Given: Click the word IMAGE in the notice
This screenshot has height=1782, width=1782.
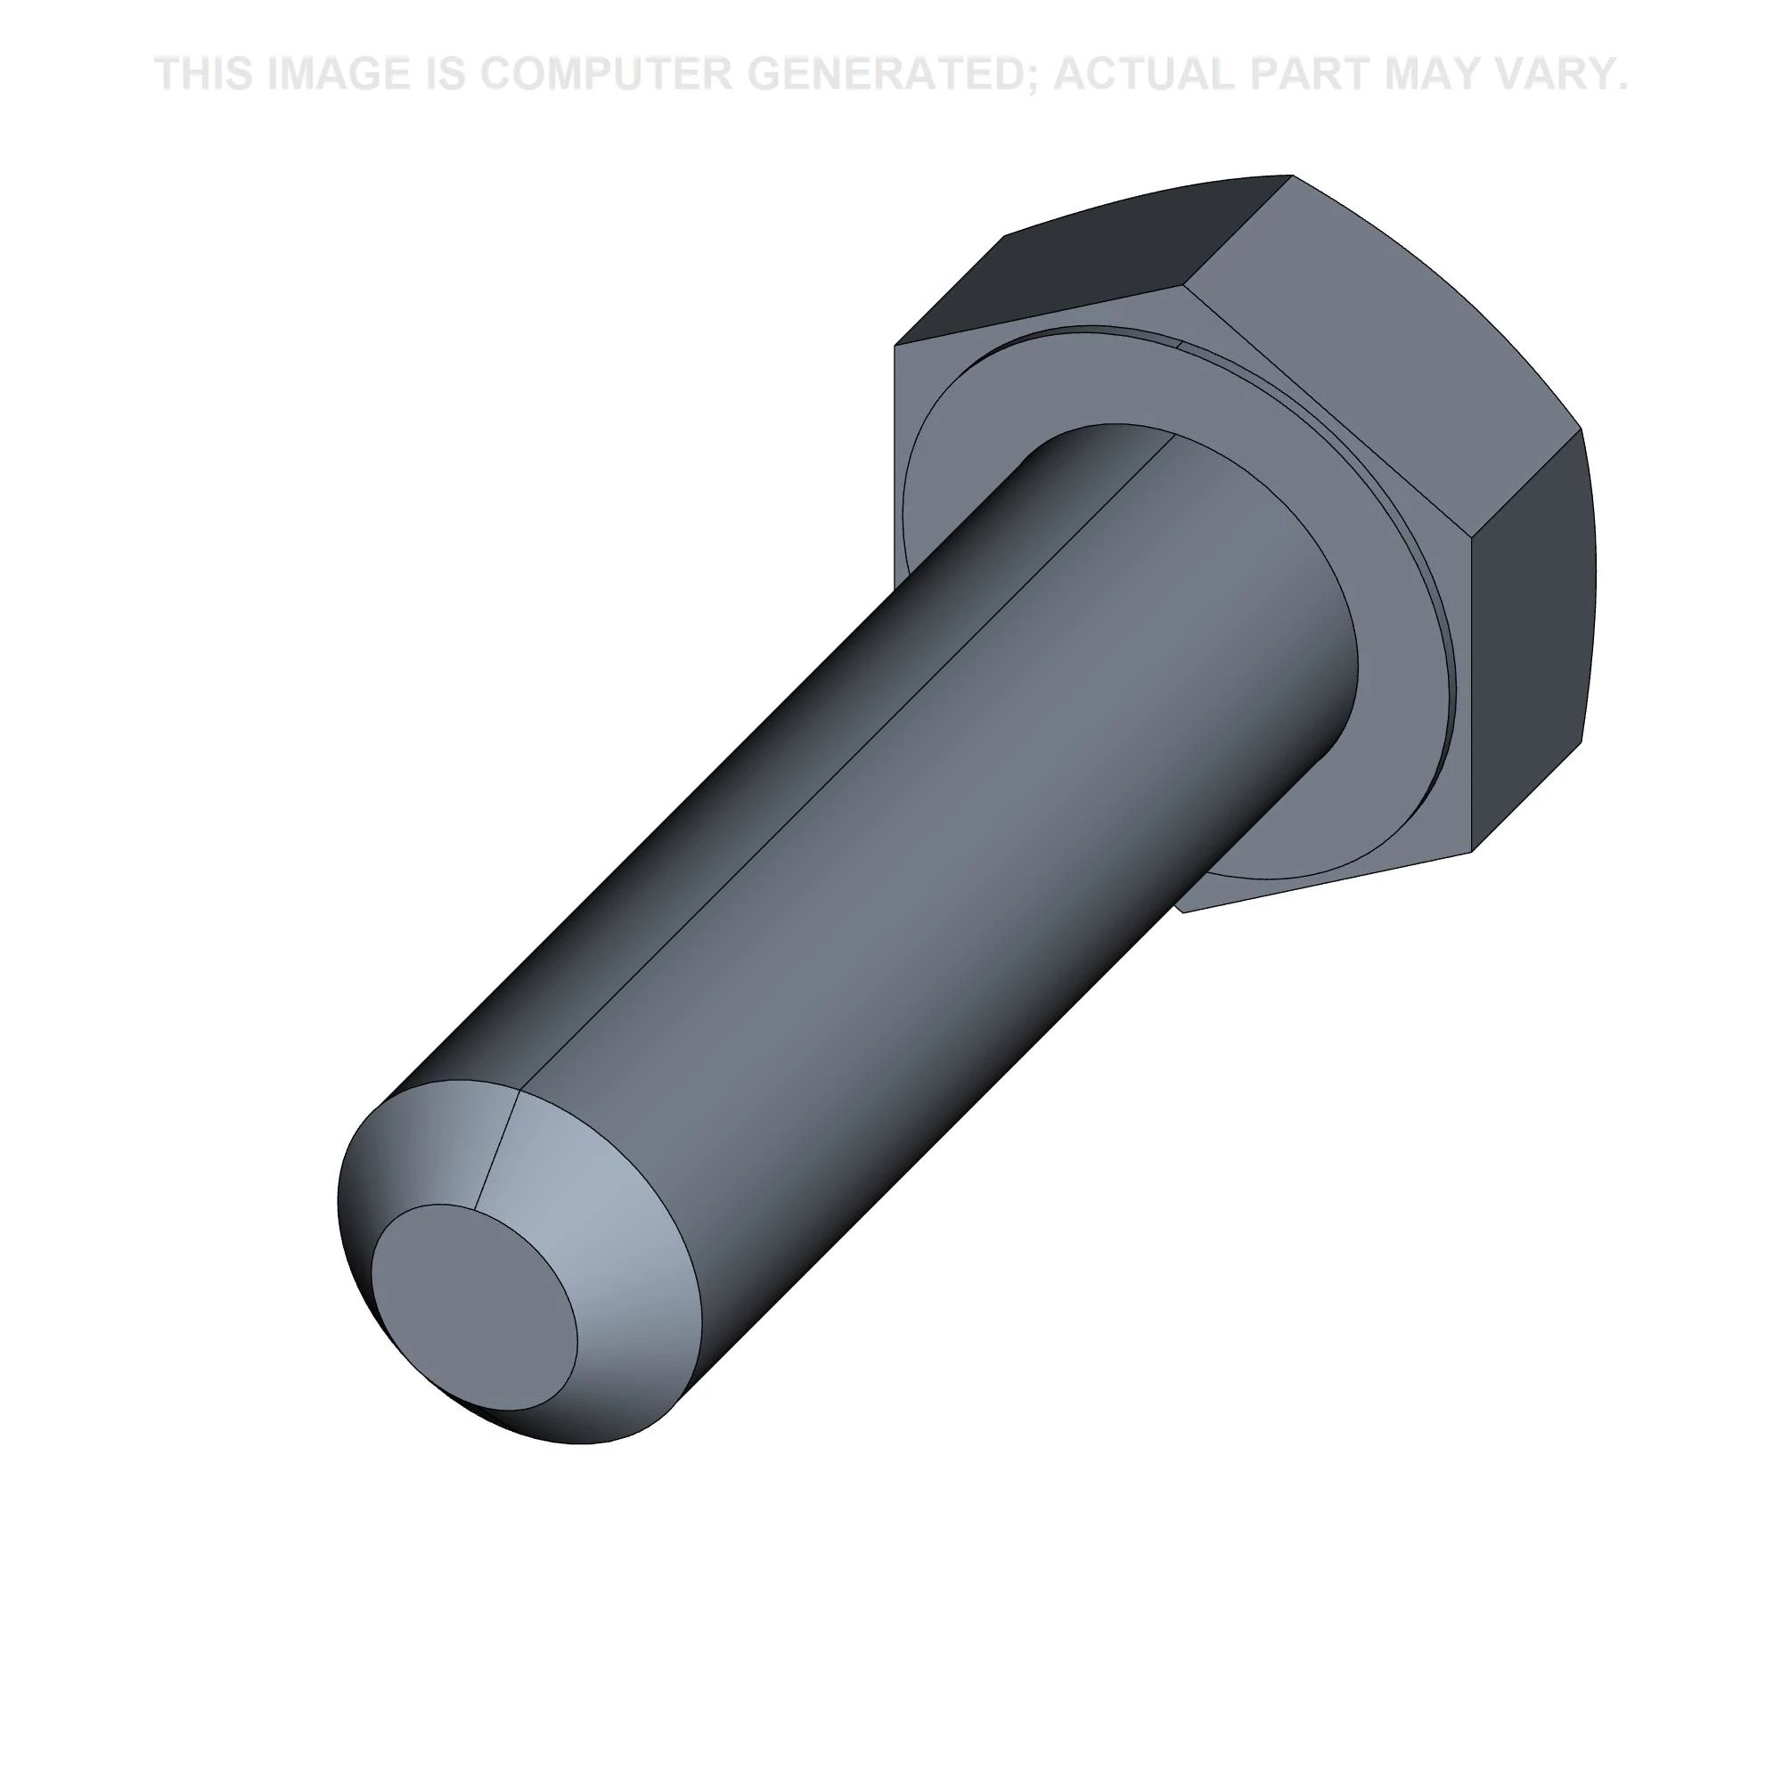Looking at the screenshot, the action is (x=338, y=74).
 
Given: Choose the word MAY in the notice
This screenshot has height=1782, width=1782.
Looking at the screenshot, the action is (x=1424, y=74).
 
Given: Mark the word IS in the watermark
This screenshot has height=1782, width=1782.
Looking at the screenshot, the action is (x=445, y=74).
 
